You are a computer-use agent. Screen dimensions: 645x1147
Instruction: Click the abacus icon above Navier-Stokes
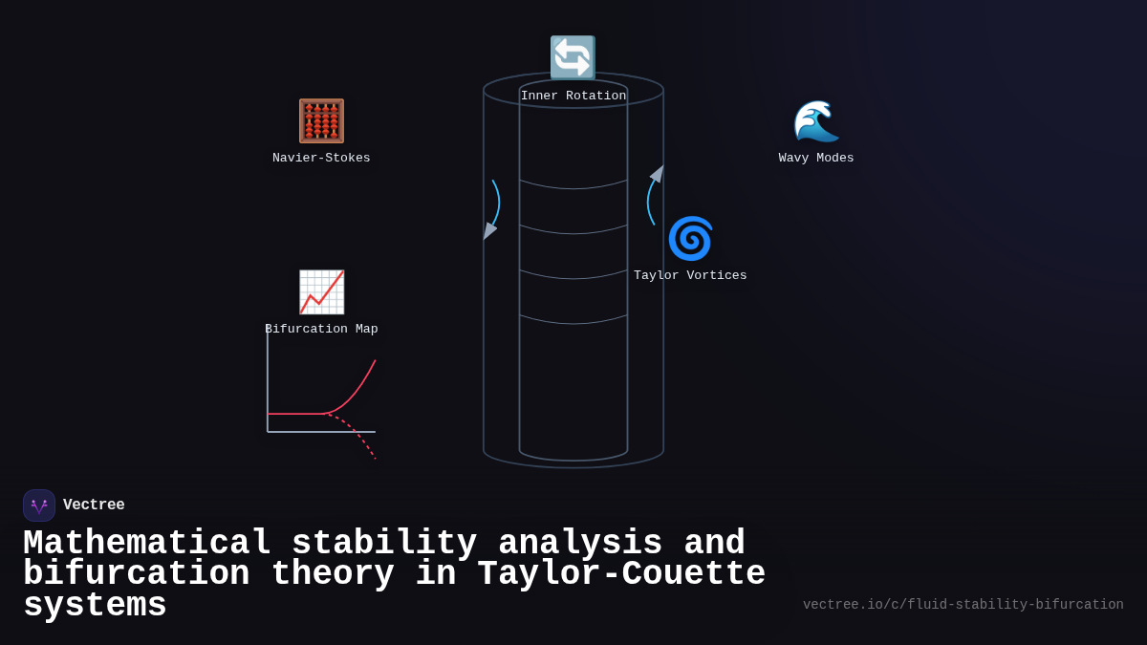click(321, 121)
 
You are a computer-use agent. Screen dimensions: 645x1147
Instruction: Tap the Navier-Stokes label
click(321, 159)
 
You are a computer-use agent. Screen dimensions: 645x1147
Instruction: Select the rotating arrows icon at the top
click(573, 57)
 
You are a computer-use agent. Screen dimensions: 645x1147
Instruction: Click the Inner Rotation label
click(573, 97)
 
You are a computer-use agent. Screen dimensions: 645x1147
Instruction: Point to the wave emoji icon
click(816, 121)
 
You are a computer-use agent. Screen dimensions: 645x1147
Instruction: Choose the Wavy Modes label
click(816, 159)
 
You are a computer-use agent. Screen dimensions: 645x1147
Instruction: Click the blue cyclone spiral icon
click(690, 238)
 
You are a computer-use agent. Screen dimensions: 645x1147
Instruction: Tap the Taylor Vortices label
click(690, 276)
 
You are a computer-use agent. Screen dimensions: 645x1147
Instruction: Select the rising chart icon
click(321, 292)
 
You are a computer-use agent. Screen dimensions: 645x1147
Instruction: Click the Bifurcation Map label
click(321, 330)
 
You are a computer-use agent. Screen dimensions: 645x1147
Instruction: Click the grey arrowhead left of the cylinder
click(488, 230)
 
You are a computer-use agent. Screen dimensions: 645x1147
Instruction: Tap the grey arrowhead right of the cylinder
click(658, 173)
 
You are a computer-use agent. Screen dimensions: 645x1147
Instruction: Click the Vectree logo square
click(39, 505)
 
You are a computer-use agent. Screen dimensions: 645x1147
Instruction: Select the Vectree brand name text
click(94, 505)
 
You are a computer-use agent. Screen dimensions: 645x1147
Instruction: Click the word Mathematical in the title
click(147, 544)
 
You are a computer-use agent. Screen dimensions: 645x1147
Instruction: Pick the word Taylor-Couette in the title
click(621, 574)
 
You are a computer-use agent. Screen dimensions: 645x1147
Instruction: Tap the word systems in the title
click(95, 606)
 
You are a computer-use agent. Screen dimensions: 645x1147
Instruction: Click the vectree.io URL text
click(963, 605)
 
